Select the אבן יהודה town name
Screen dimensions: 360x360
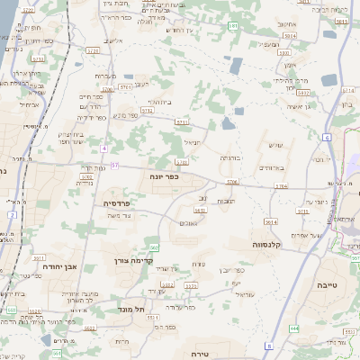click(x=62, y=267)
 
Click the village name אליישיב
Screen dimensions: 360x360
click(x=114, y=40)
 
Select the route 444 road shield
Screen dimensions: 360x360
click(x=294, y=328)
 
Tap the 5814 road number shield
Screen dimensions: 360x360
click(x=271, y=220)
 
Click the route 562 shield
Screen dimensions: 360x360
click(x=154, y=247)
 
